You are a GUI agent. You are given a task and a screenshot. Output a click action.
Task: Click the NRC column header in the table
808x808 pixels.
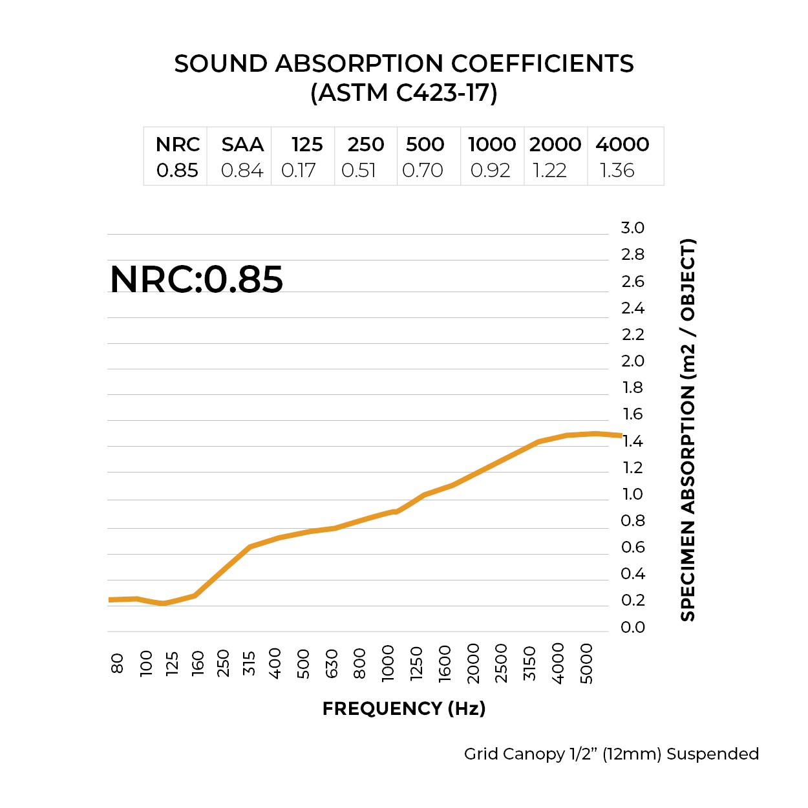(178, 144)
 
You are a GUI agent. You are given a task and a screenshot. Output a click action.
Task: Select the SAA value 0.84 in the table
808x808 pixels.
(242, 171)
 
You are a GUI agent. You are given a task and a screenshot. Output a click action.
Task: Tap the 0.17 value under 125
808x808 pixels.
(298, 171)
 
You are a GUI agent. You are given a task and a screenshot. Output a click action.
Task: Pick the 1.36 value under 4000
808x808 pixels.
(617, 171)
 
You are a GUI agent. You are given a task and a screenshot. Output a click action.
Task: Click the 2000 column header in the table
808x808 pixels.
(555, 144)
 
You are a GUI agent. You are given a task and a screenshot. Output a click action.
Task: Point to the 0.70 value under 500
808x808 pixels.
(422, 171)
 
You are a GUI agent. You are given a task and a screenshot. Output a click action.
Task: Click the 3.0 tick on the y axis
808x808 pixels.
(632, 228)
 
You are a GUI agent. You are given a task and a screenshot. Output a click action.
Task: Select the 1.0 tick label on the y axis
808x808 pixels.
(632, 494)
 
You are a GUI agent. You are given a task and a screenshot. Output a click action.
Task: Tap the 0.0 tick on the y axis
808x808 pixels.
(632, 627)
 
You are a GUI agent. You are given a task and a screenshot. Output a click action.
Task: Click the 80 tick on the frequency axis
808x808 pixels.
(117, 663)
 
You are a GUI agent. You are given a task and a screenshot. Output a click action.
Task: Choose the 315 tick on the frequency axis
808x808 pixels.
(249, 663)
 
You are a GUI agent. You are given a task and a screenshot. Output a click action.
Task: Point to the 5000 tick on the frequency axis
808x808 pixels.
(586, 663)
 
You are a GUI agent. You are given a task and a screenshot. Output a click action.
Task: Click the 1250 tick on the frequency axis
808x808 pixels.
(416, 663)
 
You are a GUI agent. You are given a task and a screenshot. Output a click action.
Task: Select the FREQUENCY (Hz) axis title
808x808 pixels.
(404, 708)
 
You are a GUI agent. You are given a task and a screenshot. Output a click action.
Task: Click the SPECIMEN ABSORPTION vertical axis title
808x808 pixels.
(688, 430)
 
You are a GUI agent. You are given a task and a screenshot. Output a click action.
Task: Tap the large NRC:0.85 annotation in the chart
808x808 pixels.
(197, 279)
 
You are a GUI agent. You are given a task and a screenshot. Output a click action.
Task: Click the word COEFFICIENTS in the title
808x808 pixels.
(542, 63)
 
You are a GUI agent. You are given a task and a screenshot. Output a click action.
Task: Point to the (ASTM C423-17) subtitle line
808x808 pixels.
(404, 92)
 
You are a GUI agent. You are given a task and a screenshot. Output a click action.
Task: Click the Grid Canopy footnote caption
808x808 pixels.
(611, 754)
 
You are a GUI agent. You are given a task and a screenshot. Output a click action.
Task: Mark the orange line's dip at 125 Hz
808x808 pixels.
(164, 604)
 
